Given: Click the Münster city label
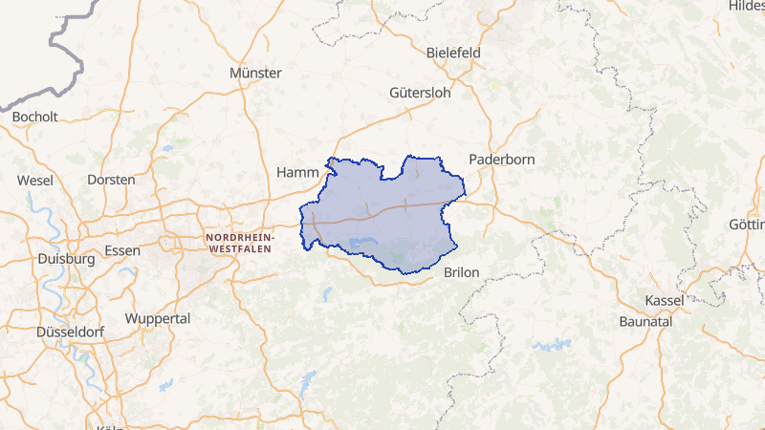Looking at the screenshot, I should (255, 73).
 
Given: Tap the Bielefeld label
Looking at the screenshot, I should (453, 52).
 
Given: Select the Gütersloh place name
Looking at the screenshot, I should (420, 93).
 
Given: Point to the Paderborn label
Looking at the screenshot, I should (501, 160).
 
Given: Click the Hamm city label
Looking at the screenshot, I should (295, 172).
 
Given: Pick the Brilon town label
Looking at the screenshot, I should (462, 272).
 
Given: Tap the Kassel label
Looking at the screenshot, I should (665, 300).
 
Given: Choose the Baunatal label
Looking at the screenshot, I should (645, 321).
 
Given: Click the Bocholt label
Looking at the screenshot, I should (35, 117).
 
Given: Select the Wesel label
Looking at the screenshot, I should (34, 180).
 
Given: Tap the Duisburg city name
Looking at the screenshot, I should (66, 258).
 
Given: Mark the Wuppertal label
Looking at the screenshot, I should (158, 318).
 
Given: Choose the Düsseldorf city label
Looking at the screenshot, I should (69, 333).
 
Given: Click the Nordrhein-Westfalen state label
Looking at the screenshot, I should (239, 241).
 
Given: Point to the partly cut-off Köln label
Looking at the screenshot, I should (109, 426).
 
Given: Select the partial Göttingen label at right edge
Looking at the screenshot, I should (746, 226).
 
